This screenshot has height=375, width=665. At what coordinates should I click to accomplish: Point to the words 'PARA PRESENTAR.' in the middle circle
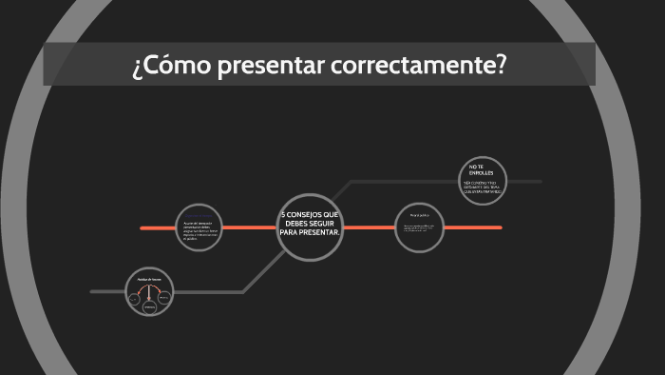[x=310, y=233]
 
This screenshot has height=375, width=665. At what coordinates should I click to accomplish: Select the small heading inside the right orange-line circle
[x=419, y=216]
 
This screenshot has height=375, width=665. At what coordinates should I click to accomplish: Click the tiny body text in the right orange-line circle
[x=419, y=228]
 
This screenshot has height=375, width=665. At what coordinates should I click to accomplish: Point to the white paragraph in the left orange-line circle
[x=199, y=229]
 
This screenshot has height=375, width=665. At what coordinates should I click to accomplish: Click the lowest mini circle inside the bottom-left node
[x=149, y=307]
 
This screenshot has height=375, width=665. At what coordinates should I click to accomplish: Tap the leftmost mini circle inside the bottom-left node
[x=134, y=298]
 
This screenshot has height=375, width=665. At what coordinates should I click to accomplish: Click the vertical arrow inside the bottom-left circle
[x=149, y=293]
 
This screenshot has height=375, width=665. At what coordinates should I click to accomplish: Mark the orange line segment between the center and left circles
[x=251, y=227]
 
